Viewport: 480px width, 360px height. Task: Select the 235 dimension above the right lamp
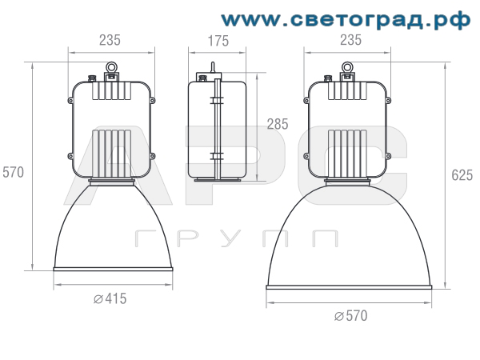347,40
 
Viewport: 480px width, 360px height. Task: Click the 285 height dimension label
277,124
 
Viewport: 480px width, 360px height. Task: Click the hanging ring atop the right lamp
347,68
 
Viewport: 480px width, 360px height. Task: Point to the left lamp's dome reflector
111,228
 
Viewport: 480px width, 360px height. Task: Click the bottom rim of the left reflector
111,270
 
